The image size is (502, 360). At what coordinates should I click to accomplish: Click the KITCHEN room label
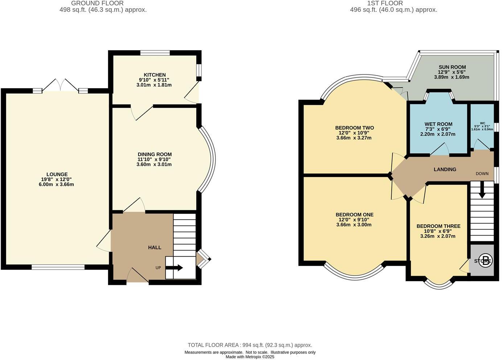point(155,75)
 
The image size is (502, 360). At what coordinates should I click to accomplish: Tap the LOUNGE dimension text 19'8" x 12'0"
point(57,179)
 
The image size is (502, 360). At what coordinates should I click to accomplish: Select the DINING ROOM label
point(155,154)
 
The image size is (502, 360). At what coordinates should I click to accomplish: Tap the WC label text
point(482,123)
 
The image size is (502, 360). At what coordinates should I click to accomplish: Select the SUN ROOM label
point(452,67)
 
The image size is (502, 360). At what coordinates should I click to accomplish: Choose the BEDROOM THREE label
point(438,226)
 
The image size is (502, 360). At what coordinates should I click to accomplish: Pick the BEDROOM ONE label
point(354,214)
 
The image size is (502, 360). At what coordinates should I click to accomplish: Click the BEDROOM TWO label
point(354,128)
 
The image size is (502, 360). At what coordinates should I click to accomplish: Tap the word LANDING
point(445,169)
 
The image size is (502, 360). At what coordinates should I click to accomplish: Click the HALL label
point(155,247)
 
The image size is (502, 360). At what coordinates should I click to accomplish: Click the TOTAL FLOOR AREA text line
point(250,345)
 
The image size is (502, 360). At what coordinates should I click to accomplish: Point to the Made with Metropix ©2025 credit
point(250,357)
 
